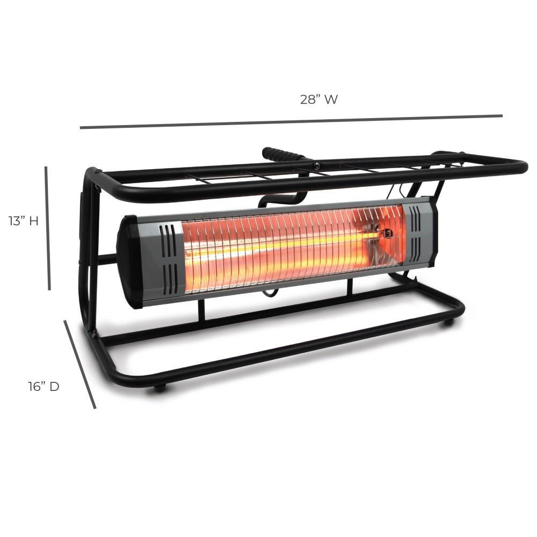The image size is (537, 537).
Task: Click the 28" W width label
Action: point(318,99)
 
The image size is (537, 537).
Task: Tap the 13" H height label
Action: point(23,221)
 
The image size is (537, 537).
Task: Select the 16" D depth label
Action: point(43,386)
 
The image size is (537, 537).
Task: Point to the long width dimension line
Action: point(291,121)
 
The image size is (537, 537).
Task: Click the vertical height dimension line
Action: point(48,228)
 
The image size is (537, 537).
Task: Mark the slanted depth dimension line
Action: point(80,365)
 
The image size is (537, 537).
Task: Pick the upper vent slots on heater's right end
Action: point(415,219)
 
